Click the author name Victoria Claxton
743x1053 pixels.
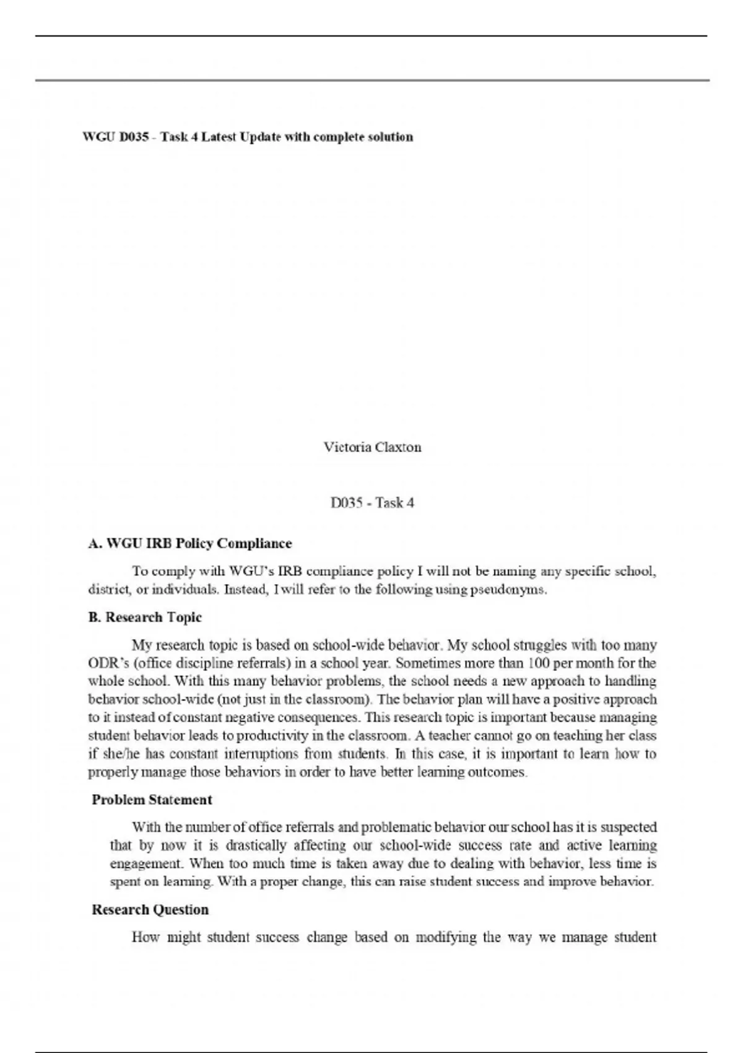pyautogui.click(x=372, y=447)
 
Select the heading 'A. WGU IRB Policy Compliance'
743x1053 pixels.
pyautogui.click(x=190, y=544)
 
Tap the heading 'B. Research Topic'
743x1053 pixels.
pyautogui.click(x=146, y=618)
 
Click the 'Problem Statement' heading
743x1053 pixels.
pyautogui.click(x=152, y=800)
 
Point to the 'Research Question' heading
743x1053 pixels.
pyautogui.click(x=150, y=909)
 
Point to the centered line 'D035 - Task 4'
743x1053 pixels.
pyautogui.click(x=372, y=503)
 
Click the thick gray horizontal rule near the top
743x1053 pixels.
pyautogui.click(x=371, y=81)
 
